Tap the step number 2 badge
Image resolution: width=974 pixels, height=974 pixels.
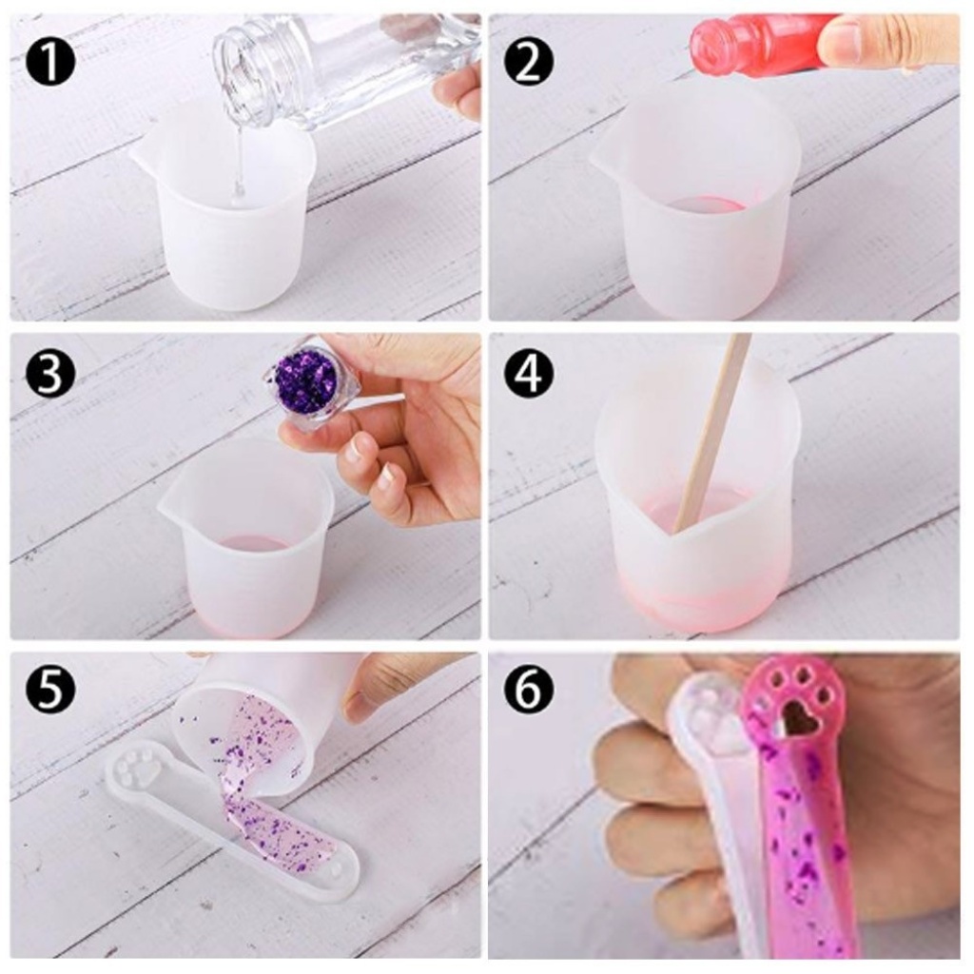tap(528, 61)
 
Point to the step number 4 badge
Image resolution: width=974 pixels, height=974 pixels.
tap(529, 375)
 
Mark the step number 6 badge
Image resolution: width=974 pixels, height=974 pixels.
tap(529, 690)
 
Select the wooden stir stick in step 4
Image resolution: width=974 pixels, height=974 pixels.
tap(711, 435)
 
